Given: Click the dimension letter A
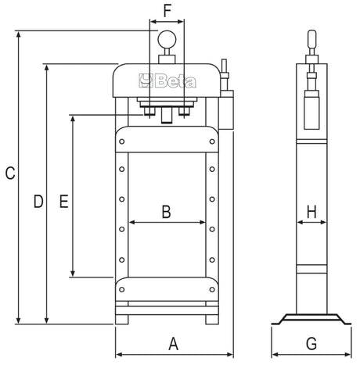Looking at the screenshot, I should pos(174,342).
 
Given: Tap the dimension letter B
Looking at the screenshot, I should pos(166,210).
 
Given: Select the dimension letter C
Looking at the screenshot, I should pos(9,174).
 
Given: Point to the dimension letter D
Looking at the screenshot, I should pos(37,202).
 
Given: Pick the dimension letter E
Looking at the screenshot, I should pos(64,202).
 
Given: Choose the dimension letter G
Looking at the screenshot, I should pos(311,343).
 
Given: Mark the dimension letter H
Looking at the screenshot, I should pos(311,211).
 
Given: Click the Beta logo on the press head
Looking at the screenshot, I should pos(167,79).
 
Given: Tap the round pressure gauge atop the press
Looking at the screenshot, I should pos(167,39).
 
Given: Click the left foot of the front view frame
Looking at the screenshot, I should pos(124,318).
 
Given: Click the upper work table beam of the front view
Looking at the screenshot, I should pos(166,139).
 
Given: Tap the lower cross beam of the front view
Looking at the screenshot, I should pos(166,288).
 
